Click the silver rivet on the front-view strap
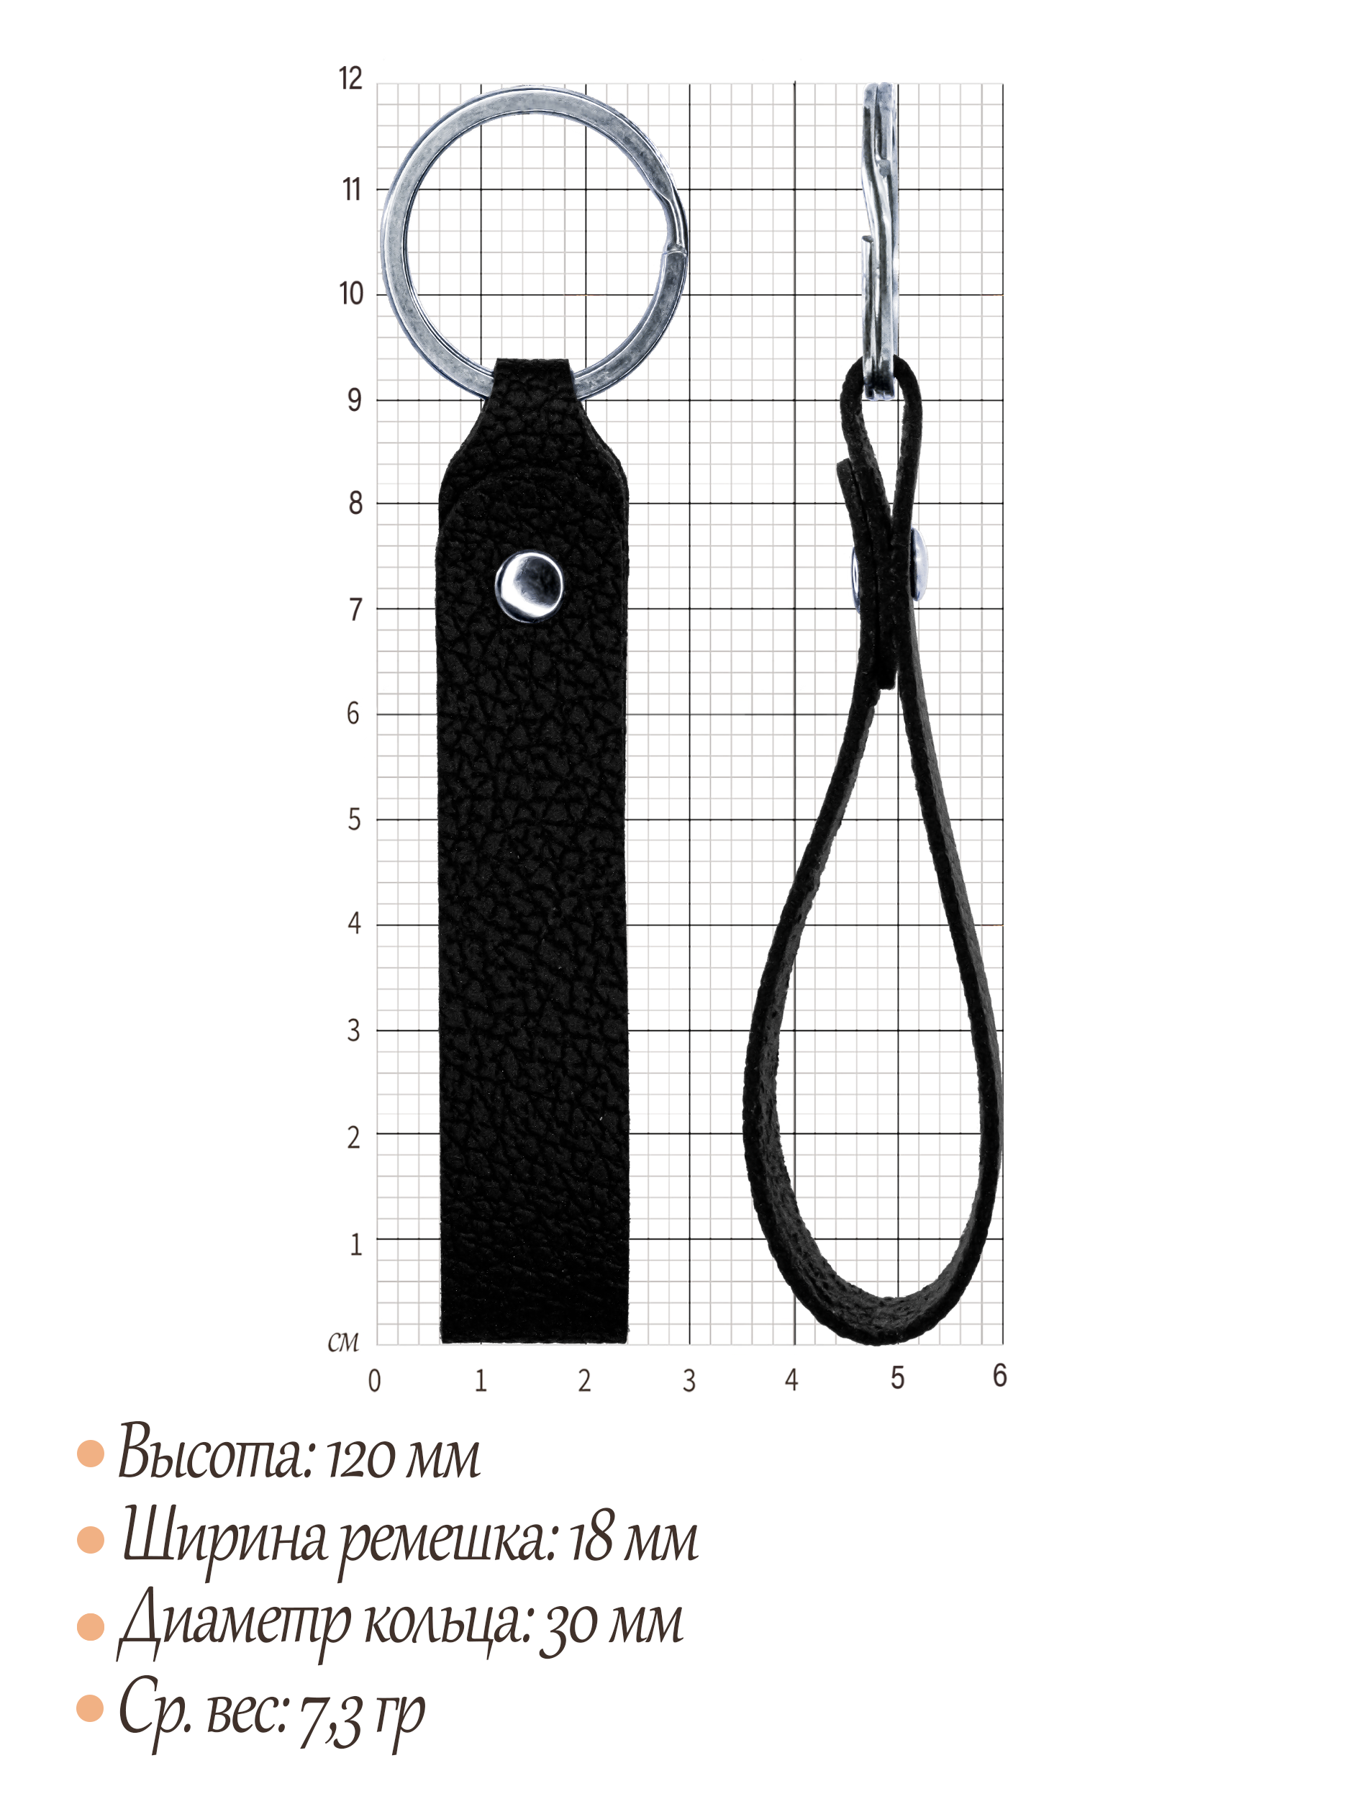click(x=529, y=586)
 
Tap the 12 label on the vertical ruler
click(x=350, y=79)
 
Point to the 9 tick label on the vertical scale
click(x=355, y=399)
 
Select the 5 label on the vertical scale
click(x=355, y=819)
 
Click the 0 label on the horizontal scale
click(x=374, y=1380)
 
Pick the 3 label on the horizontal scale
click(x=689, y=1380)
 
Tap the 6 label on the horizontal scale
click(x=1000, y=1375)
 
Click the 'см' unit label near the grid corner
click(x=342, y=1342)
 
